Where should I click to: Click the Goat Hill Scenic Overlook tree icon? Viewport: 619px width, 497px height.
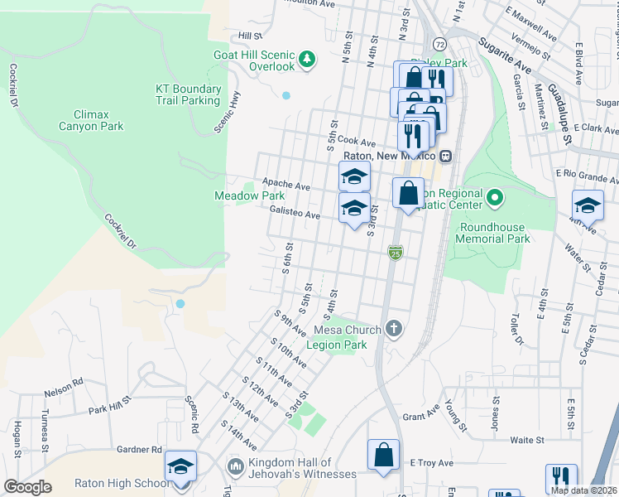pos(307,59)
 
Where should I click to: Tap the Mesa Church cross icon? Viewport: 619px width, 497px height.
pos(394,330)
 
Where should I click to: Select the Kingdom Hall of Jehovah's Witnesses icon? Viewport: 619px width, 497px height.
pos(235,468)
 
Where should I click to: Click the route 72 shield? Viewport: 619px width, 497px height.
pos(439,43)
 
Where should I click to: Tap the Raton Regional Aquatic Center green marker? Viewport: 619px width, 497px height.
pos(495,197)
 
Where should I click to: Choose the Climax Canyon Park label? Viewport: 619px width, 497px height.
pos(91,120)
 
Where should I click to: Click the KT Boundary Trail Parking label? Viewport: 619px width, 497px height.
pos(188,94)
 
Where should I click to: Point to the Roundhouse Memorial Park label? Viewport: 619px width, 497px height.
pos(494,233)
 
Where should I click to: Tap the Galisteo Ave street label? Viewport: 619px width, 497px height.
pos(295,214)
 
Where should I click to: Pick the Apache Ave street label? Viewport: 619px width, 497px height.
pos(286,186)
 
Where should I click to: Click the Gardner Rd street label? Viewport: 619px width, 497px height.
pos(139,449)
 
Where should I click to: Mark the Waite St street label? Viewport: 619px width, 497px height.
pos(526,440)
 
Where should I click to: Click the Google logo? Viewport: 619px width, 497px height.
pos(27,487)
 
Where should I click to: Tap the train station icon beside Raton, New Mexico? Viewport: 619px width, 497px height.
pos(445,156)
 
